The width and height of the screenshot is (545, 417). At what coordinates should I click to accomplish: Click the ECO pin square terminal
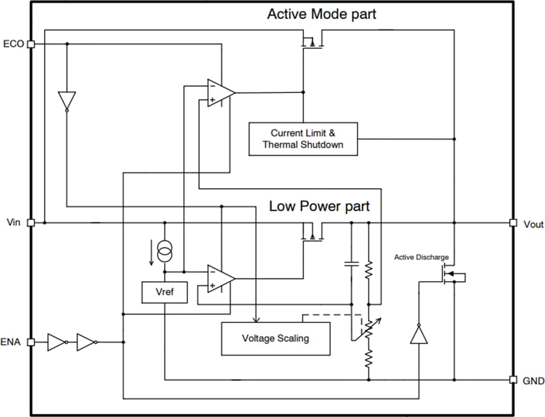(x=31, y=44)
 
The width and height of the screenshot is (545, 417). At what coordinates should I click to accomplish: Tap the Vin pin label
(x=14, y=223)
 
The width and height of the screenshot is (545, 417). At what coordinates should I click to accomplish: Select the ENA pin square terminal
(x=31, y=342)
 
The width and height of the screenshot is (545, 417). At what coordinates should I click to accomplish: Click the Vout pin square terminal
(x=513, y=223)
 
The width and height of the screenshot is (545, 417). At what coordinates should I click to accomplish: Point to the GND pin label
(x=533, y=380)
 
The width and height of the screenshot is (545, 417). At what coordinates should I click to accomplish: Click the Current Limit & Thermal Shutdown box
(x=303, y=139)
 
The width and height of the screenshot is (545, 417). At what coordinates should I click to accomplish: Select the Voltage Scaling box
(x=276, y=338)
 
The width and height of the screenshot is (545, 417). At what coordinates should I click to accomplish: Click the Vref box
(x=165, y=292)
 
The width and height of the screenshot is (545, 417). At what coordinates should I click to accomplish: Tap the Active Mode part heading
(x=321, y=14)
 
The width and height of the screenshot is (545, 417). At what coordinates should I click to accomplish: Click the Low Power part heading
(x=319, y=206)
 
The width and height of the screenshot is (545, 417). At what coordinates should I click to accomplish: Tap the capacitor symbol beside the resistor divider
(x=351, y=264)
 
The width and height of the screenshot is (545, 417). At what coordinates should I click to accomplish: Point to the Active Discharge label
(x=421, y=257)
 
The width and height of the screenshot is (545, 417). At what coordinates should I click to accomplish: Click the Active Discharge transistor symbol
(x=447, y=276)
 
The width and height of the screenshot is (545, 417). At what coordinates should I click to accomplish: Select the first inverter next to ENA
(x=56, y=342)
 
